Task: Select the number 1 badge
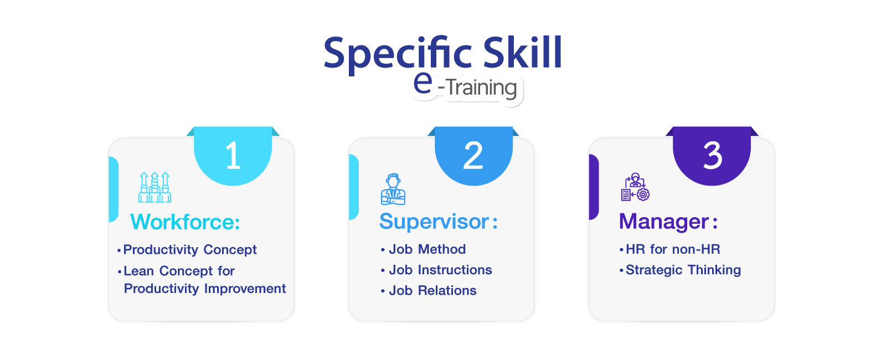click(233, 156)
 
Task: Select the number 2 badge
click(473, 156)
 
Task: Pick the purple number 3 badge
click(712, 156)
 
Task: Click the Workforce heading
click(185, 222)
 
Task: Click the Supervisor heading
click(438, 221)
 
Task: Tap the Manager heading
click(668, 221)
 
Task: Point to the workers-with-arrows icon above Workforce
click(154, 187)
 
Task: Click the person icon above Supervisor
click(393, 189)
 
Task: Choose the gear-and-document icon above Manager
click(635, 187)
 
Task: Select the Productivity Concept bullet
click(187, 250)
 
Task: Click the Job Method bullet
click(423, 249)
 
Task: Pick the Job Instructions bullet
click(436, 270)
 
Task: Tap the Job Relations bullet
click(429, 290)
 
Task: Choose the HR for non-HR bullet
click(669, 249)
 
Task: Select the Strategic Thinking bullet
click(681, 270)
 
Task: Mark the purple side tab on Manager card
click(594, 187)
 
